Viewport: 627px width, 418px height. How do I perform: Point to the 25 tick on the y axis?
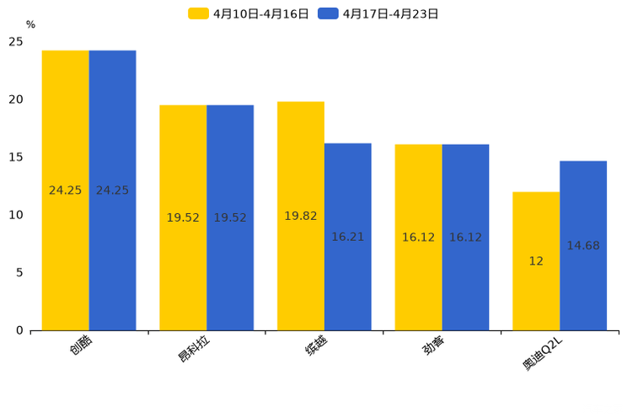coord(16,41)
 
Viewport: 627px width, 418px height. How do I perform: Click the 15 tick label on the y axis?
coord(16,158)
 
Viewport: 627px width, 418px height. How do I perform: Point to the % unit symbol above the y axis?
coord(30,24)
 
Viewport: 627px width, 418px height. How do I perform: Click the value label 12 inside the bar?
coord(536,261)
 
